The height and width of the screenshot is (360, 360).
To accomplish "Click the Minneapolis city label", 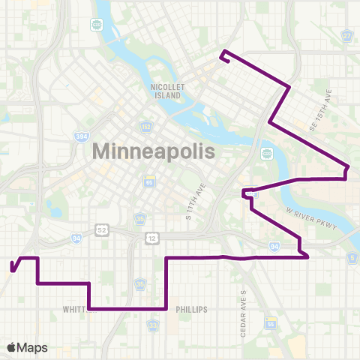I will (153, 151).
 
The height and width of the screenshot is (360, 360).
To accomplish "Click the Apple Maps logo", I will (26, 347).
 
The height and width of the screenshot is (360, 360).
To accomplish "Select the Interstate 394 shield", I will (80, 137).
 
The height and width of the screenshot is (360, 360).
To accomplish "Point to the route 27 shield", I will (346, 37).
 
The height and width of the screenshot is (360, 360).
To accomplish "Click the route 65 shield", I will (149, 182).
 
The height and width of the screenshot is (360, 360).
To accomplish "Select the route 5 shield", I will (352, 258).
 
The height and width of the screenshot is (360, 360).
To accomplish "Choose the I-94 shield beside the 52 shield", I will (76, 238).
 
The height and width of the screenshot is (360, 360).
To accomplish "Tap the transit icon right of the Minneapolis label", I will (265, 154).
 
